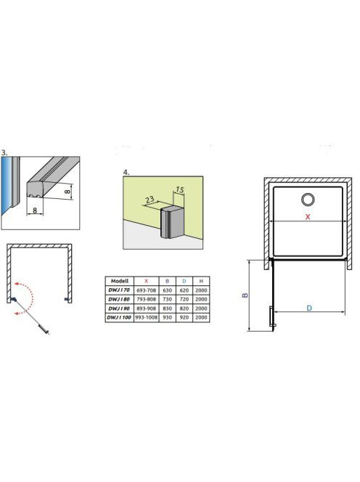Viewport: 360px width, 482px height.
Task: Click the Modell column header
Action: [120, 281]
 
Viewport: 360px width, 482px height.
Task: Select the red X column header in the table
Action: [147, 281]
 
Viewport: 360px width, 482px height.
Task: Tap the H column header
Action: [201, 281]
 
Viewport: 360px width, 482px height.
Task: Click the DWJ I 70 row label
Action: [119, 290]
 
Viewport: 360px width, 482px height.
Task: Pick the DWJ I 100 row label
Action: [119, 317]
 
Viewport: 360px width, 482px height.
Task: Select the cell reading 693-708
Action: [147, 290]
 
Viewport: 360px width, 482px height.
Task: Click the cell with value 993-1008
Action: [147, 317]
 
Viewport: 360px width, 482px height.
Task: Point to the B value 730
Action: [167, 299]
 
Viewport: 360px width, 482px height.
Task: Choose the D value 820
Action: [184, 309]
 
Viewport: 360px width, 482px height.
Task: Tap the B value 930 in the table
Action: [167, 317]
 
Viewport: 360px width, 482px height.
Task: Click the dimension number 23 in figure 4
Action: [150, 200]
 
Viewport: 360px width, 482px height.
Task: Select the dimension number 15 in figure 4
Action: [180, 190]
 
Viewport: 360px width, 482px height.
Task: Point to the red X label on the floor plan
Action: [308, 217]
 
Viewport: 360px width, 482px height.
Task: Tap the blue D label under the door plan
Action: [309, 308]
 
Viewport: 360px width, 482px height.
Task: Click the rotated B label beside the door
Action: [245, 295]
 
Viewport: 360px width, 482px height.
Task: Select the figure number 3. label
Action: [4, 152]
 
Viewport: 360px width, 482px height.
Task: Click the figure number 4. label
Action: [126, 173]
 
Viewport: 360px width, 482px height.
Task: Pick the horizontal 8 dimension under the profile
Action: [35, 211]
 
